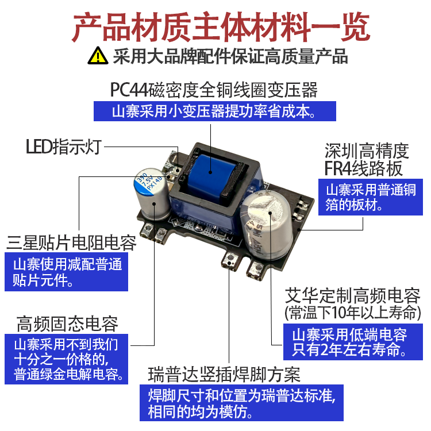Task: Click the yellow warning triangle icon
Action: [x=98, y=56]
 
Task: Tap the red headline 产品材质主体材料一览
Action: [x=215, y=26]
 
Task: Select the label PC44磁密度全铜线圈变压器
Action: [x=214, y=90]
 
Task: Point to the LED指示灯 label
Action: [x=63, y=147]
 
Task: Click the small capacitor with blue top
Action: [x=151, y=193]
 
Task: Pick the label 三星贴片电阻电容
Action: [x=72, y=243]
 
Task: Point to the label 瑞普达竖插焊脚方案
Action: [x=224, y=375]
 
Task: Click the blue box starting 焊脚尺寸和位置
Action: [x=241, y=403]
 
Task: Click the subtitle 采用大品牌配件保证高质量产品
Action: [x=230, y=56]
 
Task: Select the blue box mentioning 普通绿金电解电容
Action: [x=68, y=360]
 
